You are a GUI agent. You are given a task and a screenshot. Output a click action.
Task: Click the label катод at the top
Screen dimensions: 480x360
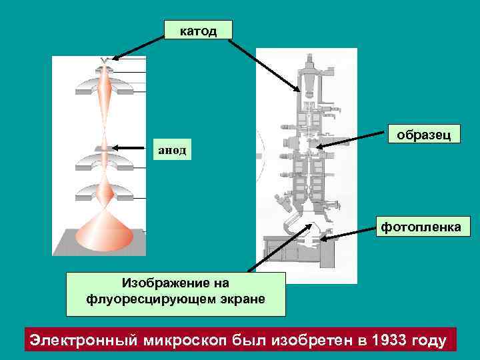(x=199, y=31)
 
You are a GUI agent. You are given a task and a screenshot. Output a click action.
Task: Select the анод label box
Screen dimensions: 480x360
(x=172, y=149)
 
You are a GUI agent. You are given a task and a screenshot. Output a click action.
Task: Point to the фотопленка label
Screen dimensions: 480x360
(x=421, y=227)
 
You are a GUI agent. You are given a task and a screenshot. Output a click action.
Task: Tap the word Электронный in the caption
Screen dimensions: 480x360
(x=83, y=340)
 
